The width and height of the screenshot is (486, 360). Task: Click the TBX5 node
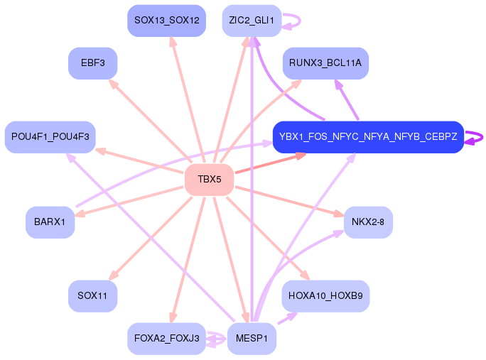click(209, 180)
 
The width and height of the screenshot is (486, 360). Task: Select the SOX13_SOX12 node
click(167, 21)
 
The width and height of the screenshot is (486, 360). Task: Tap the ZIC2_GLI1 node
click(252, 21)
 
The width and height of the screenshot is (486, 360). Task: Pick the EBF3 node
click(92, 63)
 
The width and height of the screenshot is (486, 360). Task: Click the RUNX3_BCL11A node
click(325, 63)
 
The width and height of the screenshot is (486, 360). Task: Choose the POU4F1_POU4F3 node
click(50, 137)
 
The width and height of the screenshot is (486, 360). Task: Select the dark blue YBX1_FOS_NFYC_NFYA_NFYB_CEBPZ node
click(368, 137)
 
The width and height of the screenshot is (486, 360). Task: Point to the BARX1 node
click(50, 222)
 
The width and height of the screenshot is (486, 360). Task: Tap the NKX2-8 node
click(368, 222)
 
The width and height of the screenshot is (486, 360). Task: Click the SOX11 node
click(92, 296)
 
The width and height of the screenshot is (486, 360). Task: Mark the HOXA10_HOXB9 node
click(325, 296)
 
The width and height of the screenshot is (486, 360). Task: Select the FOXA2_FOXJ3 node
click(167, 338)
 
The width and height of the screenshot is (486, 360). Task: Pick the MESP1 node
click(252, 338)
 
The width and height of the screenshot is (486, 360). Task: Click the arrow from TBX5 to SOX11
click(151, 238)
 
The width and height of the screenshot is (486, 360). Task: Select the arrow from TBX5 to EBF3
click(151, 121)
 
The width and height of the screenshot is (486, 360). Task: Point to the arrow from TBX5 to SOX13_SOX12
click(188, 99)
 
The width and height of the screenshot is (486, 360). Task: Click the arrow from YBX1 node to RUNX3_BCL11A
click(347, 99)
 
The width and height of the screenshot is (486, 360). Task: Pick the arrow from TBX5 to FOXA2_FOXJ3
click(188, 260)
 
